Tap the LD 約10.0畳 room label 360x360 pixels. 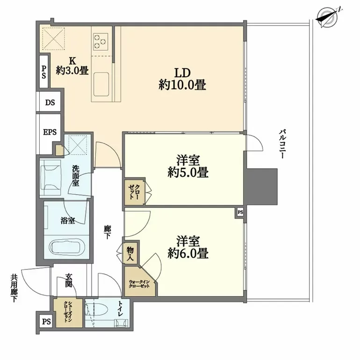tap(182, 79)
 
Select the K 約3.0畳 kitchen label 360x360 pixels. tap(72, 65)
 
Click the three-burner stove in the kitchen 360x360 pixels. tap(101, 41)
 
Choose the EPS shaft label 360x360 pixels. tap(50, 132)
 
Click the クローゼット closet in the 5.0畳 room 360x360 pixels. tap(134, 191)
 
